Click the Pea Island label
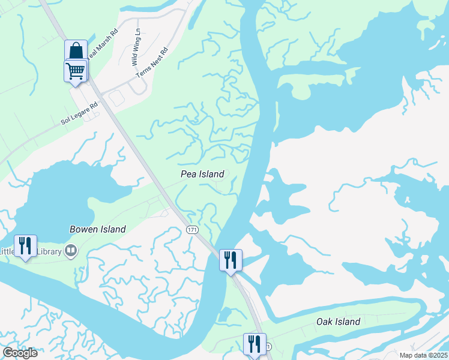[202, 173]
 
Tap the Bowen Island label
[98, 229]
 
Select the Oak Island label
[339, 322]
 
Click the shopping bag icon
[76, 50]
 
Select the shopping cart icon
[76, 70]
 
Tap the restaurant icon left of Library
[25, 245]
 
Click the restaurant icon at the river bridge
[231, 260]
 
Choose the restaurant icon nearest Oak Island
[255, 344]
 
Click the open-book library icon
[71, 251]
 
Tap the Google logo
[20, 352]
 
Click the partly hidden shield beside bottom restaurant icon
[268, 347]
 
